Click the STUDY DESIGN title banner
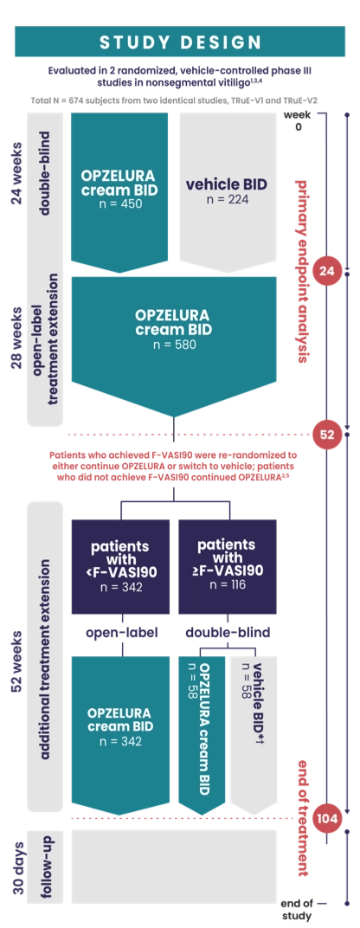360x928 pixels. [180, 42]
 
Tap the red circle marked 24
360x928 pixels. [326, 272]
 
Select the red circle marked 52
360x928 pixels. [327, 435]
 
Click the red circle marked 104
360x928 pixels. [327, 819]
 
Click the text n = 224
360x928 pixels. [228, 199]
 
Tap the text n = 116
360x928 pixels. [228, 585]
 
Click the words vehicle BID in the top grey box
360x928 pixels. [227, 184]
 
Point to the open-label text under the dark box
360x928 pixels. [122, 632]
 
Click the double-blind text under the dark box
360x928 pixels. [228, 632]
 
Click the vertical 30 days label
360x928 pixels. [18, 867]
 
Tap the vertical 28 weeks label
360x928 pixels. [18, 338]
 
